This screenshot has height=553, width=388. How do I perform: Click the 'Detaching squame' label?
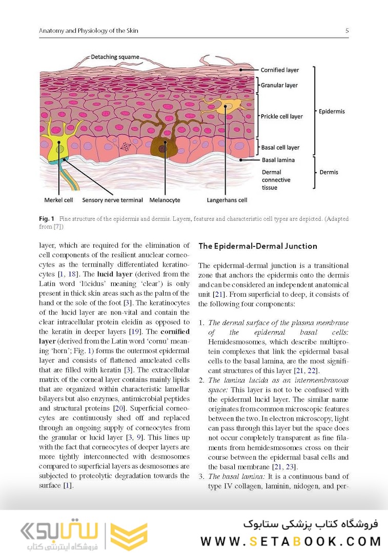click(x=114, y=57)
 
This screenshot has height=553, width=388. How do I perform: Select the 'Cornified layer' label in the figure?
click(x=279, y=70)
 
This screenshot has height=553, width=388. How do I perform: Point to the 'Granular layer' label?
click(x=279, y=86)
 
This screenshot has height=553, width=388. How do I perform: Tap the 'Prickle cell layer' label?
click(x=281, y=116)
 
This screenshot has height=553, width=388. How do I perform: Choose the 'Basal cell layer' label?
click(x=280, y=148)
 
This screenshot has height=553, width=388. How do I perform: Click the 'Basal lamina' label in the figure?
click(x=278, y=160)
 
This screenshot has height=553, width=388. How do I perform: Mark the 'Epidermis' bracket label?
click(x=332, y=111)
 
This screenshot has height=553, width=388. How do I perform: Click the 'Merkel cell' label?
click(x=58, y=200)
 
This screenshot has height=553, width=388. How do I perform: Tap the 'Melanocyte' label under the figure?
click(x=165, y=200)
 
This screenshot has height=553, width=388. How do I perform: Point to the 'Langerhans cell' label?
click(x=227, y=200)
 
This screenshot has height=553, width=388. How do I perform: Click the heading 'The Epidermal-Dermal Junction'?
click(x=257, y=246)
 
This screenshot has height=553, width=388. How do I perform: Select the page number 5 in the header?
click(x=347, y=31)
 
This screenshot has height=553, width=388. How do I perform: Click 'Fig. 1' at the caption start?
click(x=47, y=219)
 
